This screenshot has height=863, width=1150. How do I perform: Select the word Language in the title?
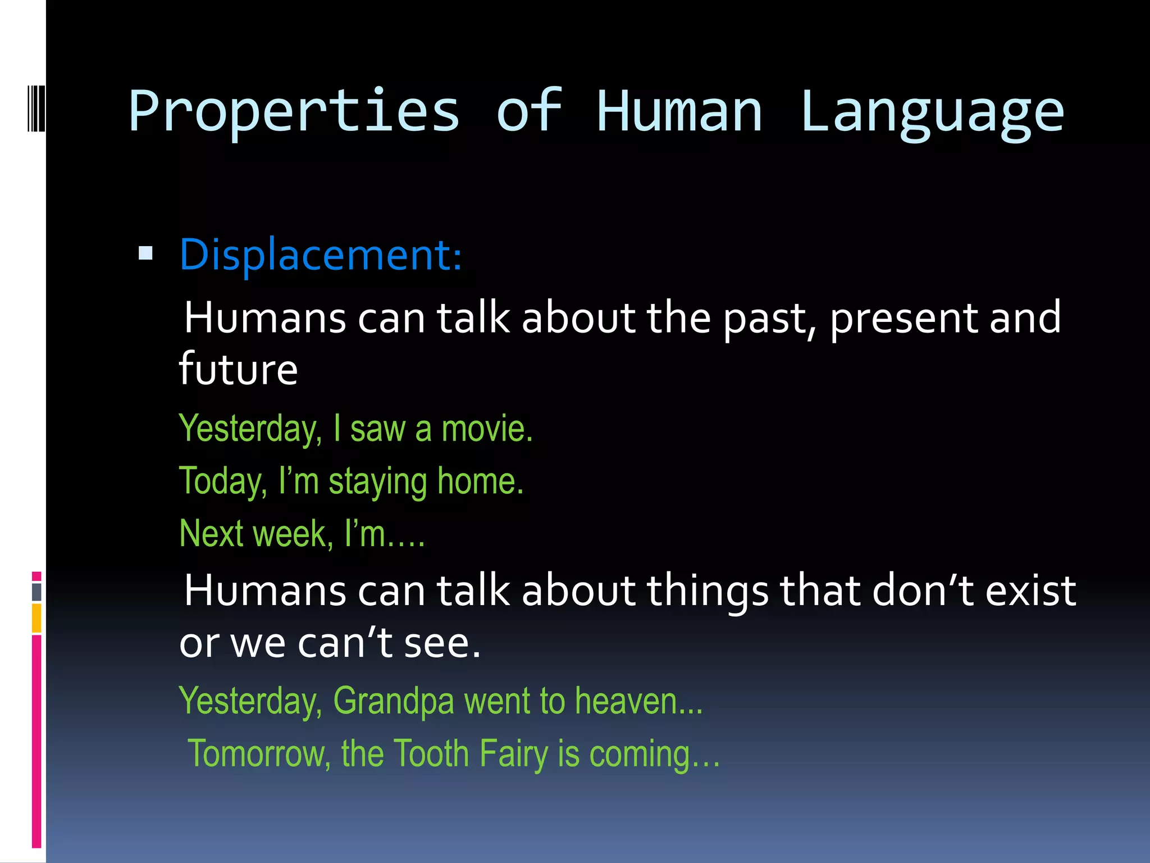[932, 112]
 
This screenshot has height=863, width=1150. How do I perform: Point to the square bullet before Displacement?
[145, 254]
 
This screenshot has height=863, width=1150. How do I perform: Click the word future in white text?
[238, 369]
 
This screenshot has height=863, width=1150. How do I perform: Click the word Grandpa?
[394, 701]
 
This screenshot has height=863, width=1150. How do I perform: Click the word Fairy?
[513, 753]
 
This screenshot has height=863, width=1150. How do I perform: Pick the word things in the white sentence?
[708, 592]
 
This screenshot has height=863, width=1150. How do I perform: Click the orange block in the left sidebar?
[36, 618]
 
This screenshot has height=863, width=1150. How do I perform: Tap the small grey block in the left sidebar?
[36, 592]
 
